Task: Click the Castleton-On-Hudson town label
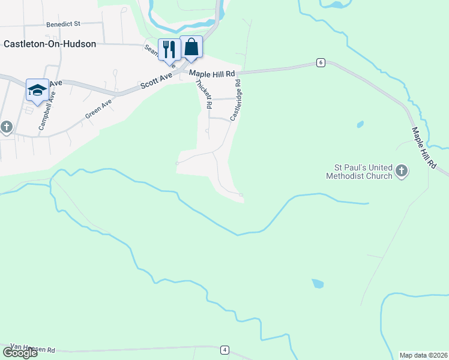[x=50, y=44]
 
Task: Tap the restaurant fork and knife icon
[x=169, y=49]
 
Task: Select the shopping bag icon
[x=191, y=47]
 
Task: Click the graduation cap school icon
[x=37, y=90]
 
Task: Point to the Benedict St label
[x=63, y=24]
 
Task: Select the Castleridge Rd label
[x=235, y=100]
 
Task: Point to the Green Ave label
[x=98, y=109]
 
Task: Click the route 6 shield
[x=322, y=62]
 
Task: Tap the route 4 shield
[x=224, y=349]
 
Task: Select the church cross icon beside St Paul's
[x=402, y=172]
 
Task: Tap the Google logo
[x=19, y=353]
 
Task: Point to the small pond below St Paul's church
[x=317, y=283]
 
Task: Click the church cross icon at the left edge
[x=7, y=127]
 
